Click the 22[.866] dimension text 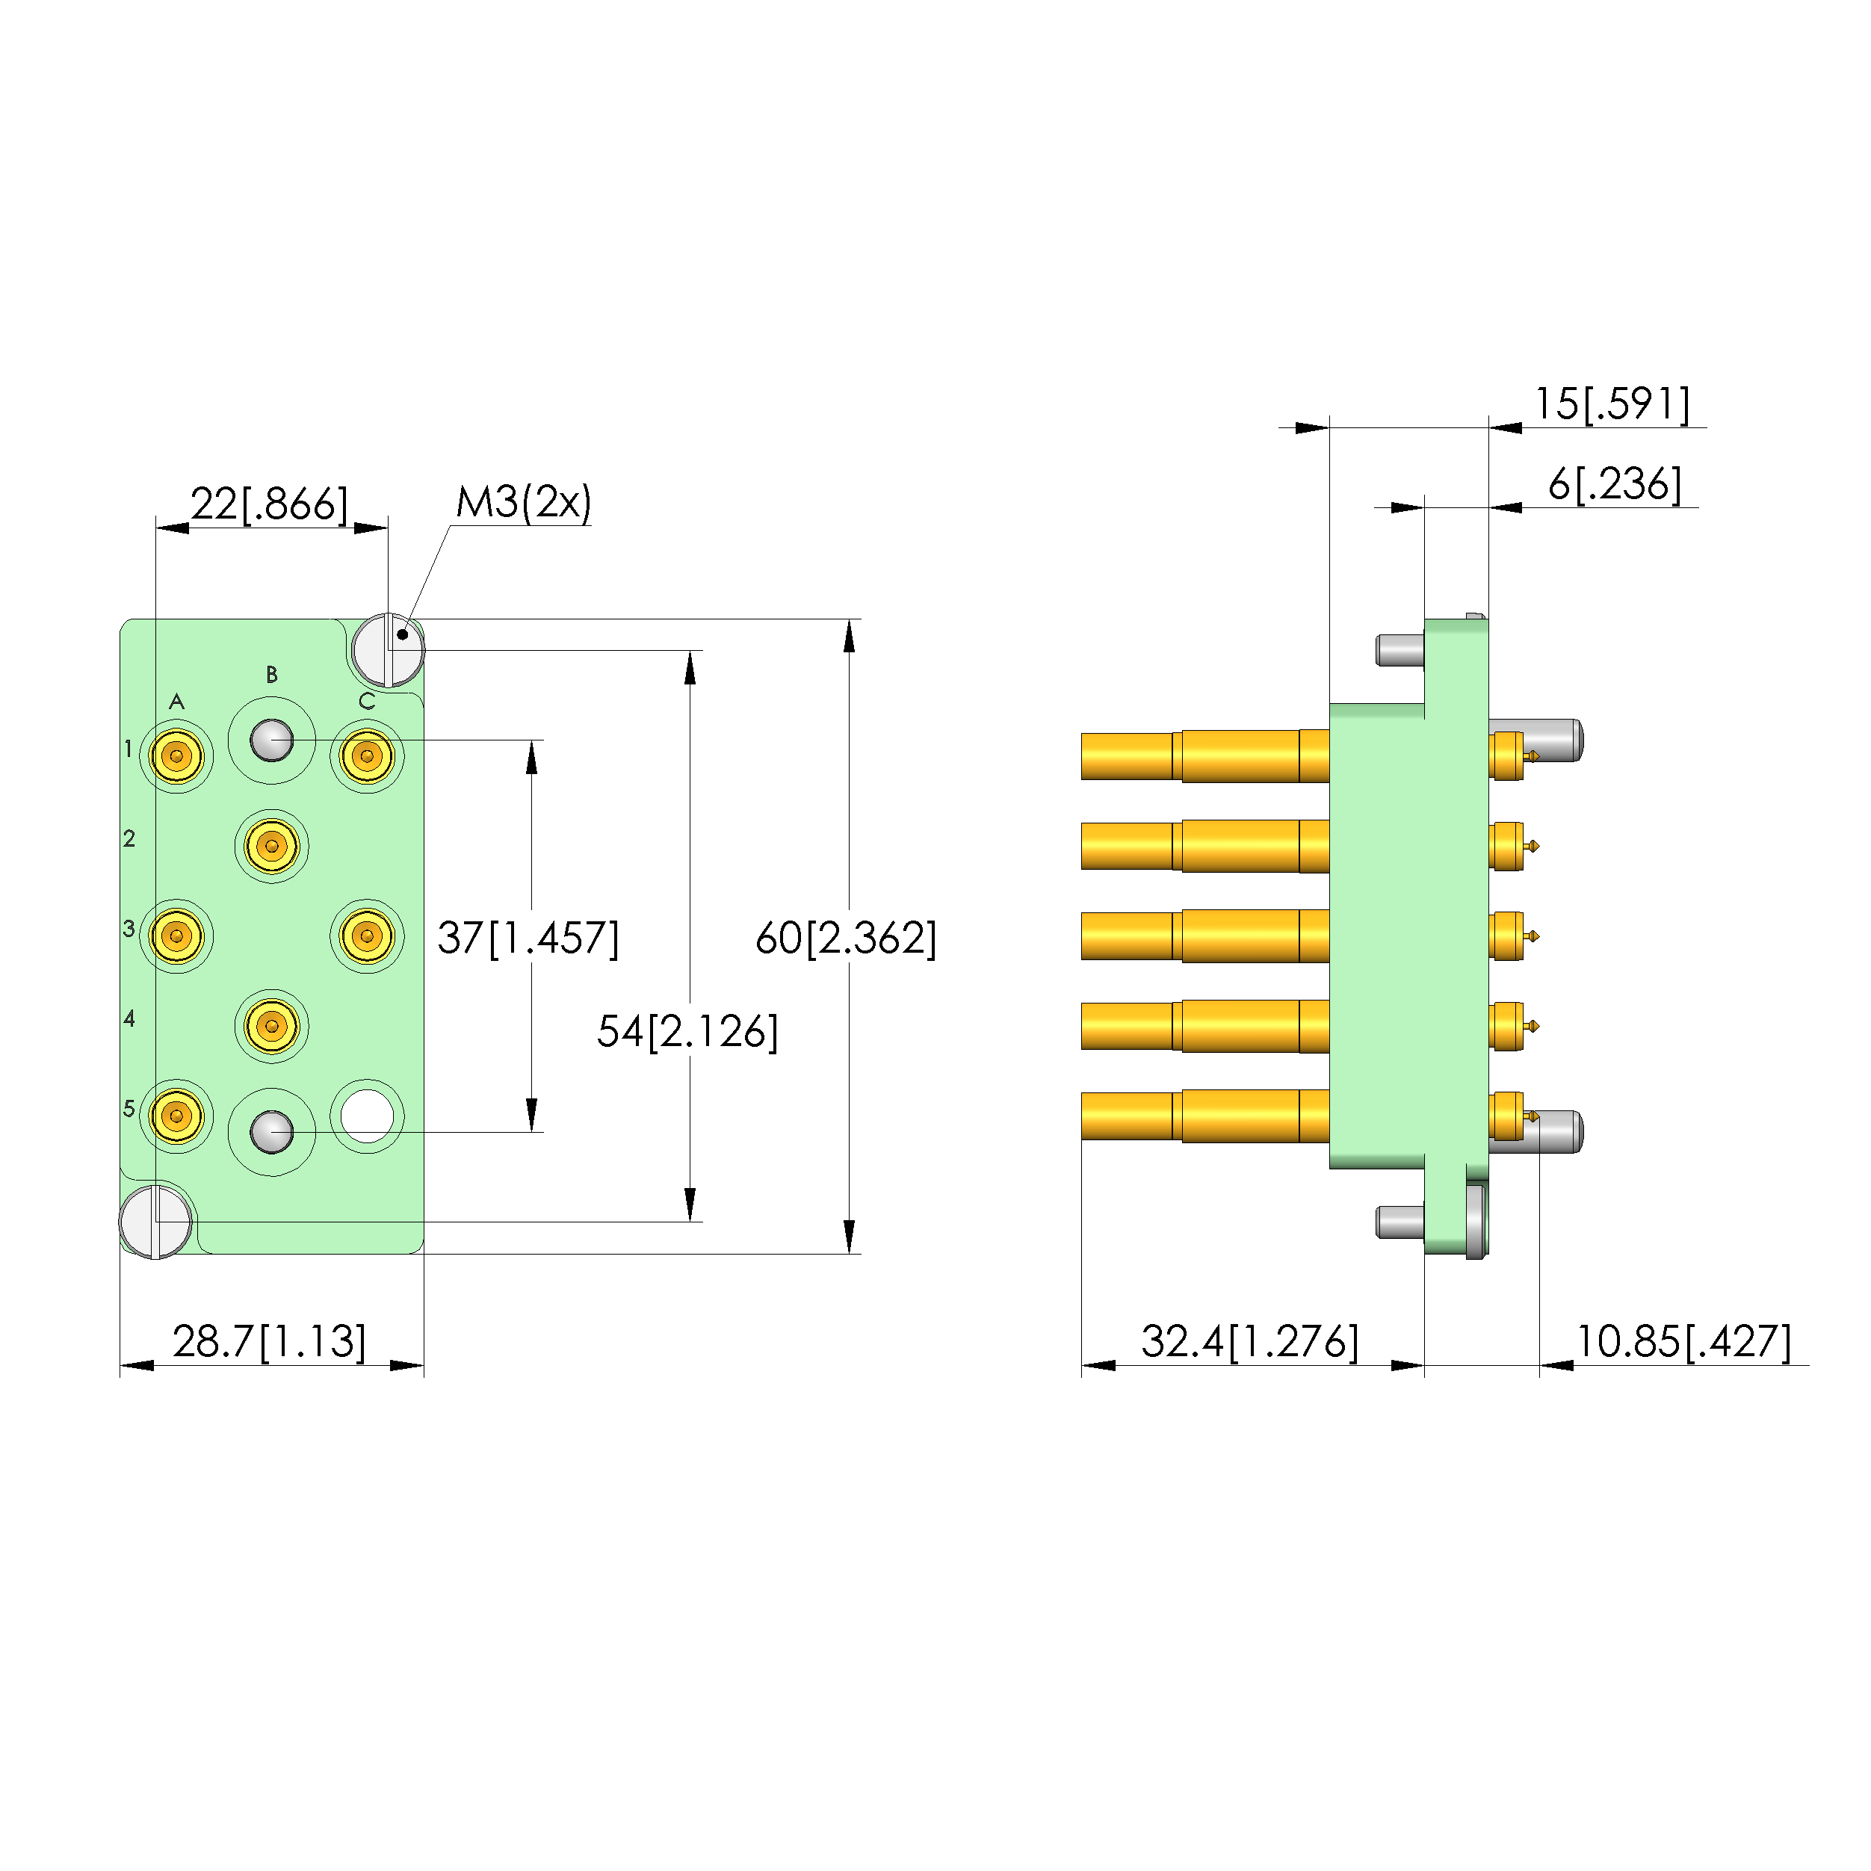pyautogui.click(x=268, y=504)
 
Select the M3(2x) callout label pyautogui.click(x=523, y=501)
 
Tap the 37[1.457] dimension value pyautogui.click(x=528, y=938)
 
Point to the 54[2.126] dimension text pyautogui.click(x=687, y=1031)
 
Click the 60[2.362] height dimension pyautogui.click(x=845, y=938)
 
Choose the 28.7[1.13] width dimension pyautogui.click(x=269, y=1341)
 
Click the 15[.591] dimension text pyautogui.click(x=1612, y=403)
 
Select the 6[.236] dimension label pyautogui.click(x=1615, y=484)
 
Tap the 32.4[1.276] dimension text pyautogui.click(x=1249, y=1341)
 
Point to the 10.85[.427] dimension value pyautogui.click(x=1683, y=1341)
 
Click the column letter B pyautogui.click(x=272, y=674)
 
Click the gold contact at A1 pyautogui.click(x=176, y=755)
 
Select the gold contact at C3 pyautogui.click(x=366, y=935)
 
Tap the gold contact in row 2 pyautogui.click(x=271, y=845)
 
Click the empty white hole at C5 pyautogui.click(x=367, y=1116)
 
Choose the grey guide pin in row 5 pyautogui.click(x=271, y=1131)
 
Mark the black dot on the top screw pyautogui.click(x=402, y=634)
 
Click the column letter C pyautogui.click(x=367, y=701)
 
